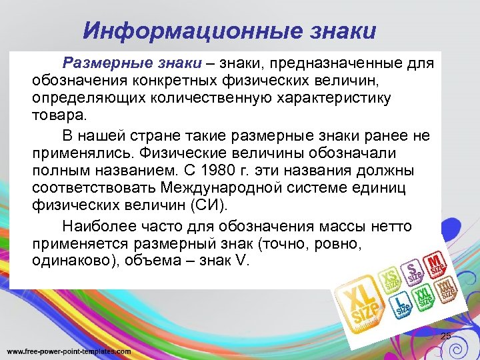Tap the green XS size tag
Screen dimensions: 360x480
[389, 279]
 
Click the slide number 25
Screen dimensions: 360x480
[445, 335]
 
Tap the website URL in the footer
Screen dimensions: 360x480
[69, 351]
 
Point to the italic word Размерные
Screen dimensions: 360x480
[97, 64]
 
